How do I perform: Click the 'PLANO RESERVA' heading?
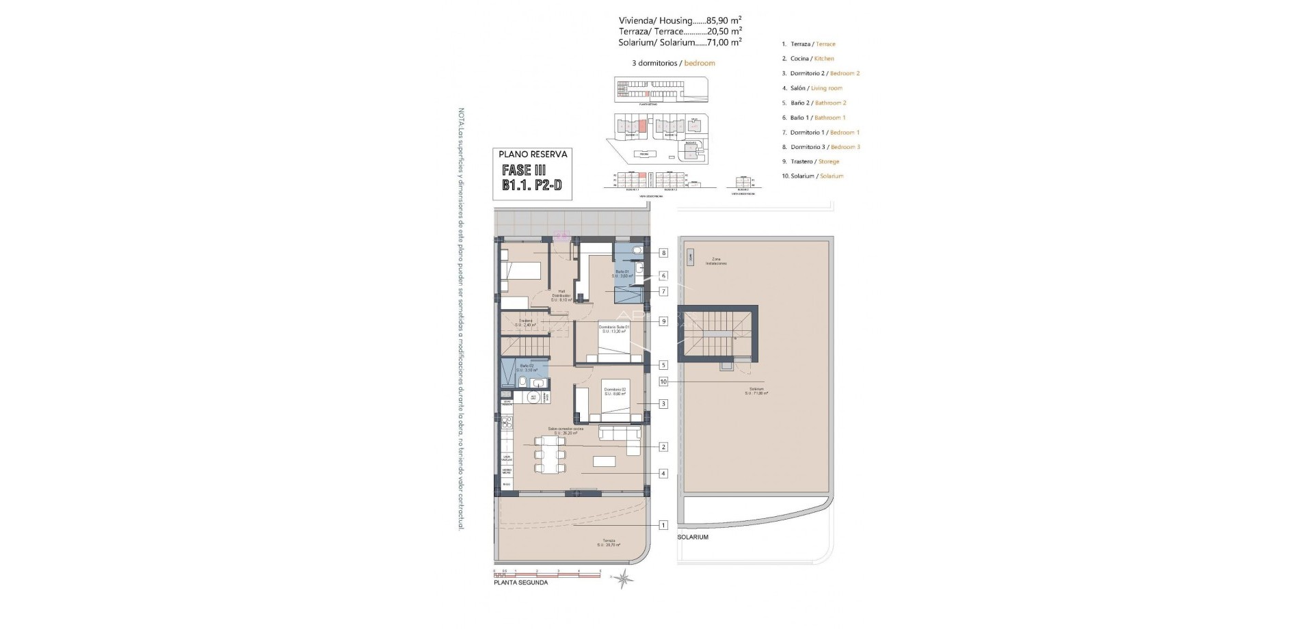click(533, 155)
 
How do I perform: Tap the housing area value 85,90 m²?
click(724, 21)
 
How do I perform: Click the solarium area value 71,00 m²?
click(724, 42)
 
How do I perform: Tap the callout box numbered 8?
click(663, 253)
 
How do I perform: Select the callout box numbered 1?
click(663, 525)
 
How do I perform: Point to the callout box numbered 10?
click(663, 382)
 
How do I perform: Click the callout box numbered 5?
click(663, 365)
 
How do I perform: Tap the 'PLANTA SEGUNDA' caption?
click(520, 583)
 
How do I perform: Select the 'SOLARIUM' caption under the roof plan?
click(693, 537)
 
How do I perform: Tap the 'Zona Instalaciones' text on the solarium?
click(716, 261)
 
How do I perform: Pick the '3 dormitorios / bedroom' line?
click(673, 63)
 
